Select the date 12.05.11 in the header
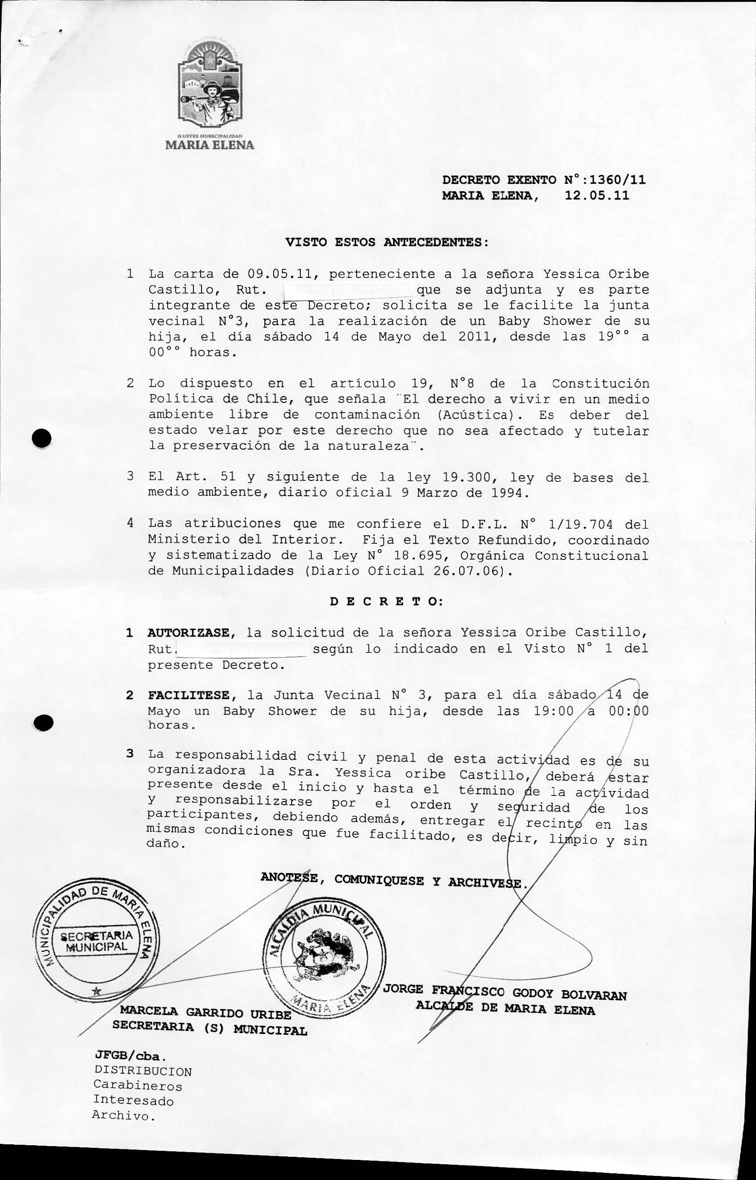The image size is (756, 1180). pos(596,196)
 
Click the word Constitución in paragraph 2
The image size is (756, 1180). pos(600,383)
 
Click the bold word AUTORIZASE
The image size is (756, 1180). pos(189,633)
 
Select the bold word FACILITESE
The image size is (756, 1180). pos(189,695)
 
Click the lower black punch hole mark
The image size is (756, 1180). pos(44,723)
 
